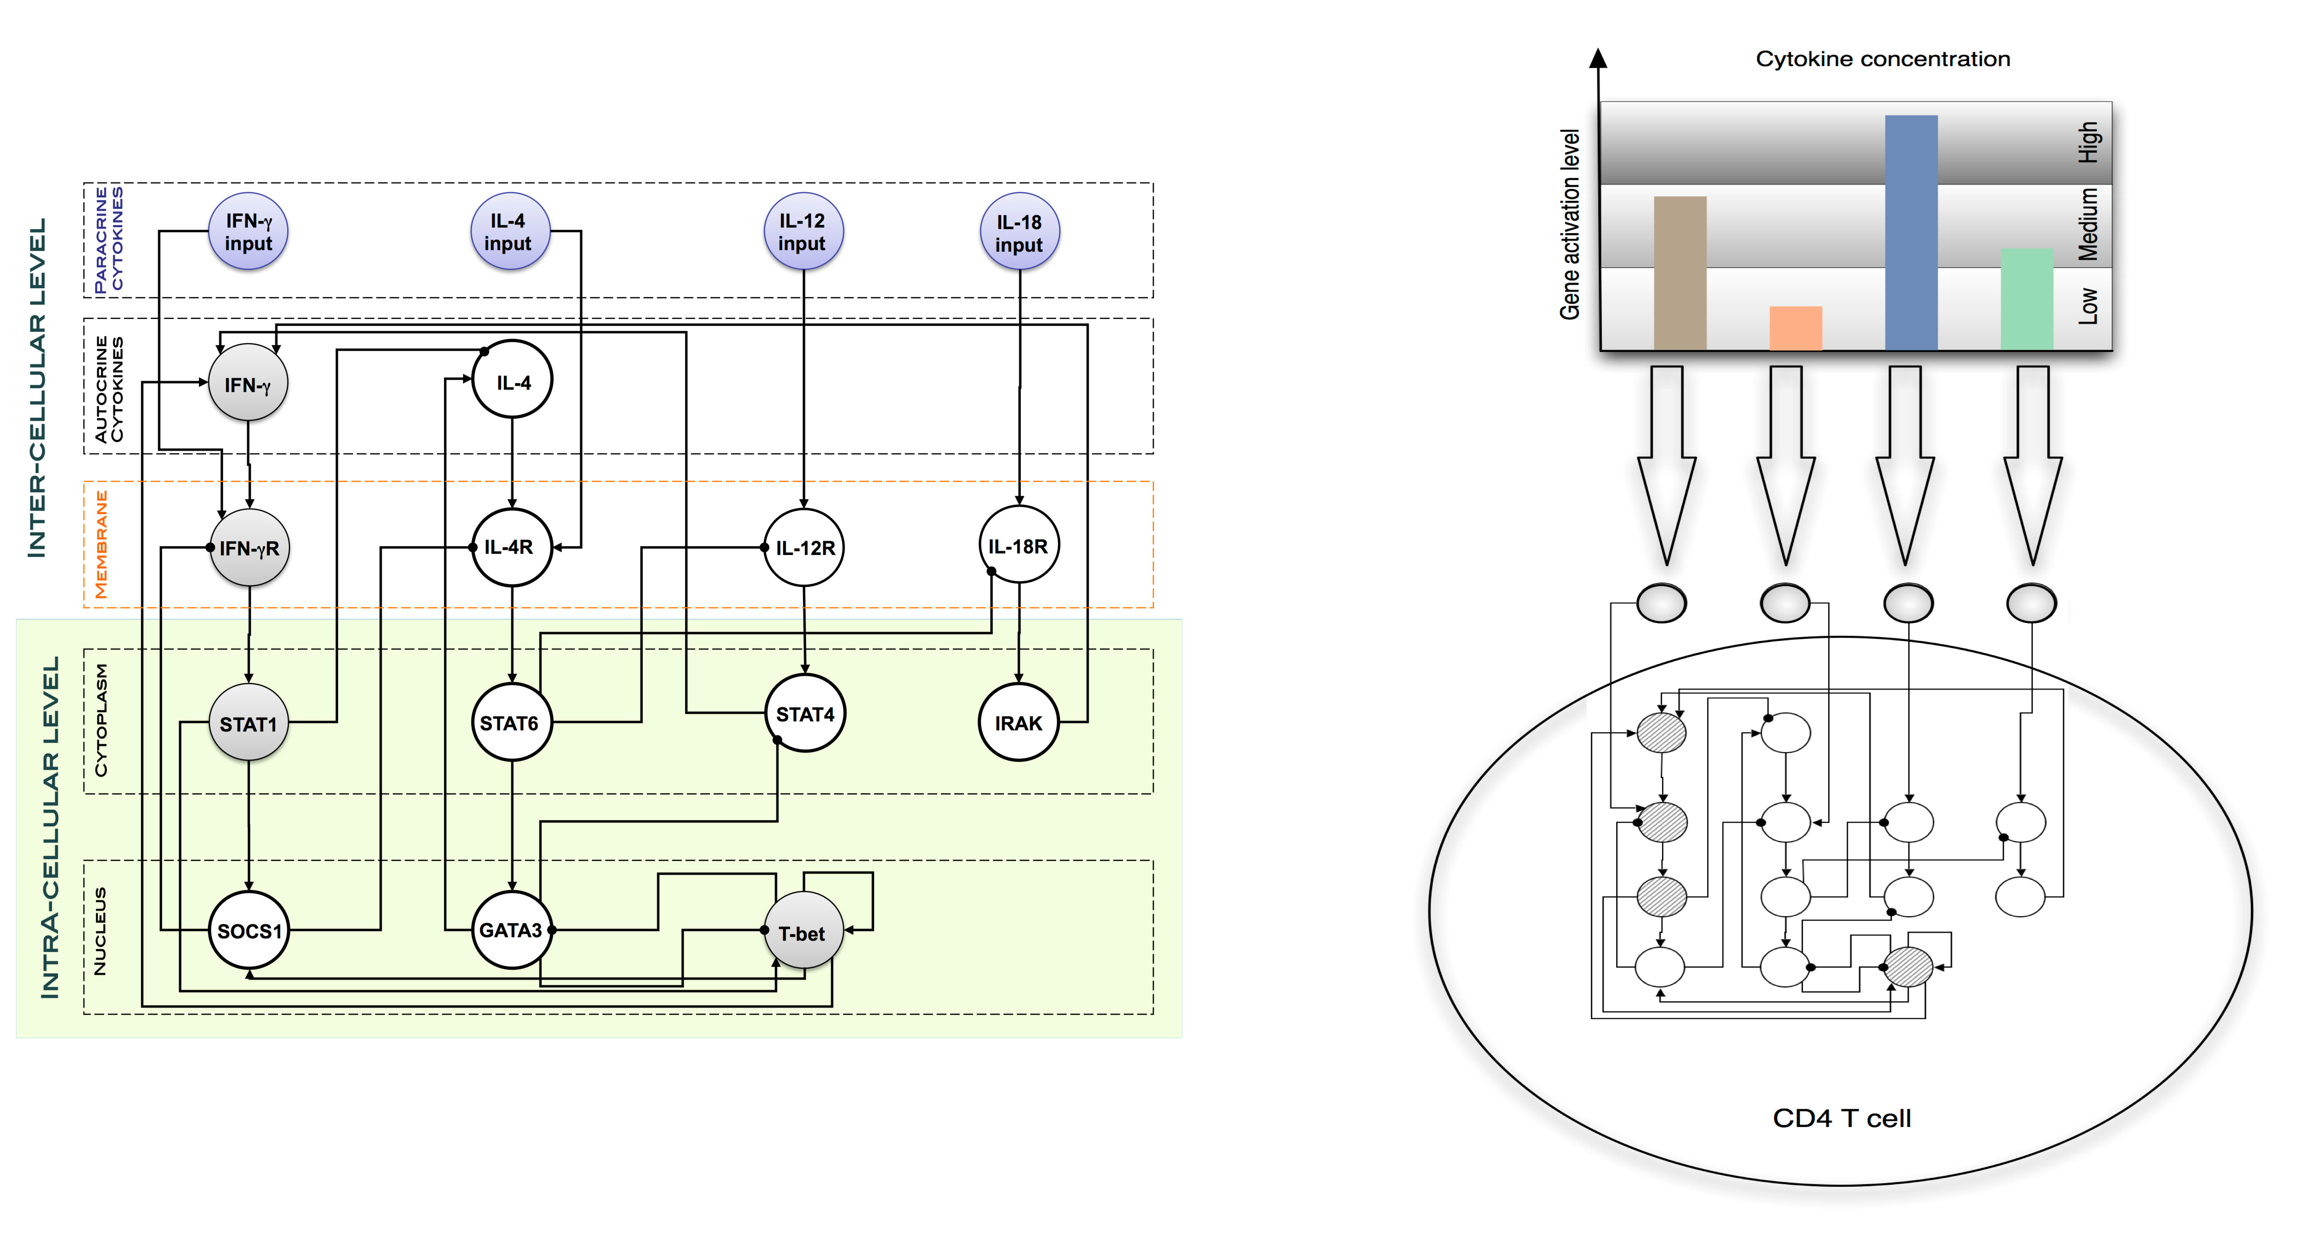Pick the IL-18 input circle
coord(1019,233)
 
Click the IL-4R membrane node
coord(511,547)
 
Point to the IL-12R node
coord(804,548)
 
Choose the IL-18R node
coord(1018,546)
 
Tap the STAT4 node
coord(805,714)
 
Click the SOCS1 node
coord(249,931)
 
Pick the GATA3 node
coord(511,930)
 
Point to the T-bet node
coord(802,932)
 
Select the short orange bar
coord(1795,328)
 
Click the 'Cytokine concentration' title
coord(1883,59)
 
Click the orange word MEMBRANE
coord(101,544)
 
